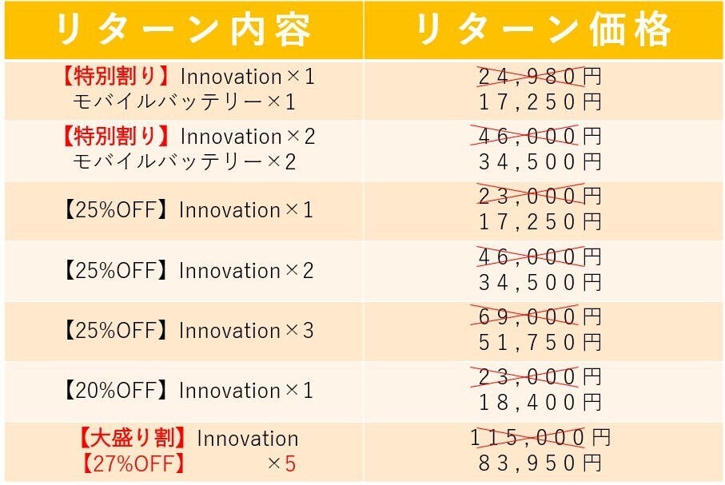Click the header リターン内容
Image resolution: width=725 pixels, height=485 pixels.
click(x=183, y=30)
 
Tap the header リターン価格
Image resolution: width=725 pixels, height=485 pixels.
click(x=544, y=30)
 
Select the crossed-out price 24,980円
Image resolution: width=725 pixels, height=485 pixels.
click(x=540, y=77)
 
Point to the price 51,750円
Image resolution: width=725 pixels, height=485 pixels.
click(x=540, y=343)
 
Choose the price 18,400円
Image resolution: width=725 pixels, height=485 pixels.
click(x=540, y=403)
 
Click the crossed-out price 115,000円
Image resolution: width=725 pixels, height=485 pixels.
click(x=540, y=437)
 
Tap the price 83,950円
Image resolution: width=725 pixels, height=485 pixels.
click(x=540, y=463)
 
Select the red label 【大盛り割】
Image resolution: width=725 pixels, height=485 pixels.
click(x=132, y=438)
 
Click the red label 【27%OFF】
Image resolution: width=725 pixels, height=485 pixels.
click(x=133, y=463)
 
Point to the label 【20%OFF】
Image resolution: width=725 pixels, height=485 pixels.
click(x=116, y=391)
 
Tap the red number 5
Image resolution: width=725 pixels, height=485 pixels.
click(x=290, y=463)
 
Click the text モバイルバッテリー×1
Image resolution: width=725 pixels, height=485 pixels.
click(x=184, y=102)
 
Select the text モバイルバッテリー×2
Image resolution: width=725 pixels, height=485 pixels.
click(x=184, y=162)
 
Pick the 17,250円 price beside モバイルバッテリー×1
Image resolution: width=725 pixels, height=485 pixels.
click(x=540, y=102)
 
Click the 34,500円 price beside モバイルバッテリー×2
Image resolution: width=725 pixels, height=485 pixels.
click(x=540, y=162)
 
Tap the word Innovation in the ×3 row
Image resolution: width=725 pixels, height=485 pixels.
click(x=229, y=331)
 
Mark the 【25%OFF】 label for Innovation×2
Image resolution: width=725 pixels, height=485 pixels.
click(x=116, y=271)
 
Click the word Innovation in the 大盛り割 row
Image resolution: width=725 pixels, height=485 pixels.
click(x=248, y=439)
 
